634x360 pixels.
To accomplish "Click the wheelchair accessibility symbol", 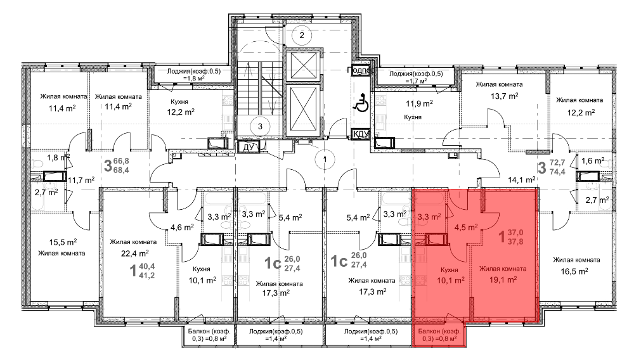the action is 361,103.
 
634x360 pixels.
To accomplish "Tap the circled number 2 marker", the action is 302,35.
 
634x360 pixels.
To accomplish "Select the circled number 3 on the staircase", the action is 260,127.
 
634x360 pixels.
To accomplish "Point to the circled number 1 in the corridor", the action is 325,159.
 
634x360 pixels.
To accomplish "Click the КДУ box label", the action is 361,134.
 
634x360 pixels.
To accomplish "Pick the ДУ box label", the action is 248,147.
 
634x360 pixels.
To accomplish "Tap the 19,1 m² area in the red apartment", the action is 503,280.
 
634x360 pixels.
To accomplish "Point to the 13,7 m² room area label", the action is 505,96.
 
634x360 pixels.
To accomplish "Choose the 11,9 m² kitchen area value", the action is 419,104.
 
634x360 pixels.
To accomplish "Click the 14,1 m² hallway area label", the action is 522,180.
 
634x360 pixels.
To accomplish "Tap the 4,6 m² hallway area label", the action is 182,228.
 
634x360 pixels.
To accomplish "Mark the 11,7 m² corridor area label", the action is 81,180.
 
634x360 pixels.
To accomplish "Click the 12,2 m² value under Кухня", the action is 180,112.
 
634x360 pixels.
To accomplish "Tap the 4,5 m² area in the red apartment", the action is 466,228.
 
